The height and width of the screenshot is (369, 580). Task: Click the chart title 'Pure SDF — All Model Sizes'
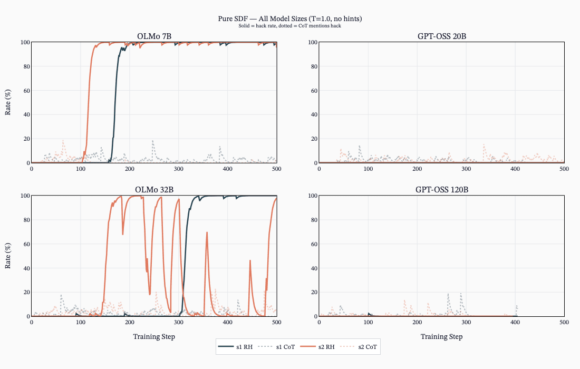point(289,18)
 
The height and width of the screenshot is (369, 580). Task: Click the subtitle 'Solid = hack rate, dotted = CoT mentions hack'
point(289,26)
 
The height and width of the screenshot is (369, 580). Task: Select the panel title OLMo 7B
point(154,36)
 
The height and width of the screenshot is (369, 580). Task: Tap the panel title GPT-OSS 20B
point(441,36)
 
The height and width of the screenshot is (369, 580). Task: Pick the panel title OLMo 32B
point(154,190)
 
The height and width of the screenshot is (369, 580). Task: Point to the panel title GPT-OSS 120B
point(441,190)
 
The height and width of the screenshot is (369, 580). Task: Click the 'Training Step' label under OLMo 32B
point(154,336)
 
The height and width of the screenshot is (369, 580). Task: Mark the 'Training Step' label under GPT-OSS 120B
point(441,336)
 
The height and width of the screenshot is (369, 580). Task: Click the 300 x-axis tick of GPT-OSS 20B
point(466,169)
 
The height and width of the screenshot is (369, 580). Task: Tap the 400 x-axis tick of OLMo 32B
point(228,322)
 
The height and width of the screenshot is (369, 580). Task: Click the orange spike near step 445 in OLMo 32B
point(250,261)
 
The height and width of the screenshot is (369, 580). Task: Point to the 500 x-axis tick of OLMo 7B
point(277,169)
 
